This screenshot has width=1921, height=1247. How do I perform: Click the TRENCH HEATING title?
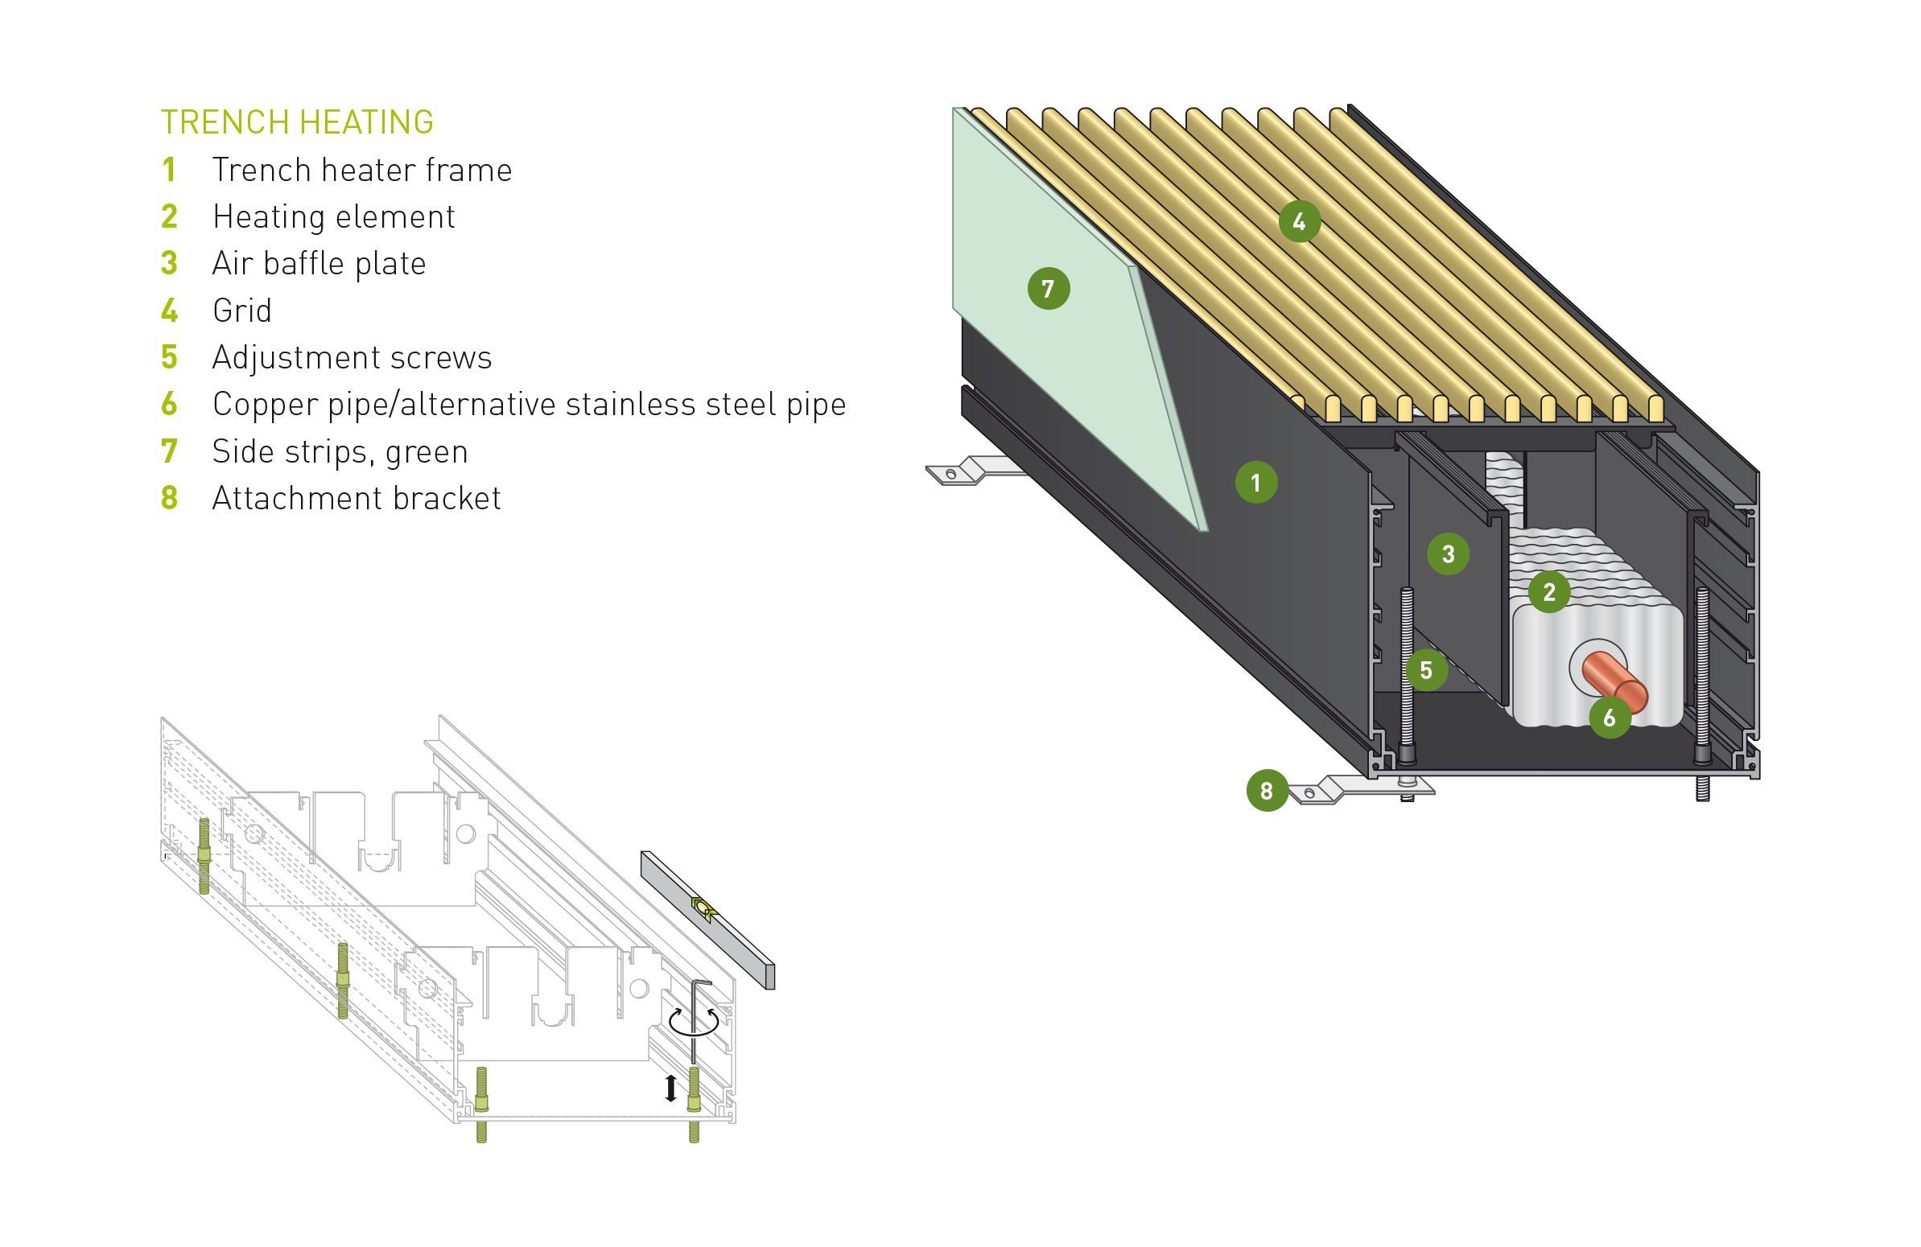tap(297, 121)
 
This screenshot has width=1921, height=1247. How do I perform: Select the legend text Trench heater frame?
tap(361, 171)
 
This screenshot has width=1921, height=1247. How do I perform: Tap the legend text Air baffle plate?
tap(319, 264)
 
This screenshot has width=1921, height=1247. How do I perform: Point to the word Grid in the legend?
tap(241, 311)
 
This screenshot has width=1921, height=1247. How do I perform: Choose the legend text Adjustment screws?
tap(352, 357)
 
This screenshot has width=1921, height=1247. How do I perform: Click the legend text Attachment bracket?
tap(356, 498)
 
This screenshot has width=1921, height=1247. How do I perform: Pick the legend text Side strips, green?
tap(340, 451)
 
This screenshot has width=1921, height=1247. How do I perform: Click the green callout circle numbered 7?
tap(1049, 288)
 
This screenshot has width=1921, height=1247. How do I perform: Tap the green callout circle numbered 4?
tap(1300, 221)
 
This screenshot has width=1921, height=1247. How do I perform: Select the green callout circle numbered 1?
tap(1256, 483)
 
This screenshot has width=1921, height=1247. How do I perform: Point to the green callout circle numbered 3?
tap(1448, 554)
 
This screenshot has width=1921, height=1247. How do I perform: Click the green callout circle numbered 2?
tap(1549, 591)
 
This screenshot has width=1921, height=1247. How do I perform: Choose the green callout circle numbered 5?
tap(1426, 670)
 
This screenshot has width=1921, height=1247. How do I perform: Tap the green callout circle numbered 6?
tap(1610, 717)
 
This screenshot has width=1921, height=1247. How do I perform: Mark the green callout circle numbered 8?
tap(1267, 790)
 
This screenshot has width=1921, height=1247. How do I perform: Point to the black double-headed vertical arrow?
tap(670, 1088)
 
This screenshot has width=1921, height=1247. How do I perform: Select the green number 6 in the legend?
tap(169, 405)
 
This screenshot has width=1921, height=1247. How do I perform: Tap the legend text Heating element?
tap(333, 217)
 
